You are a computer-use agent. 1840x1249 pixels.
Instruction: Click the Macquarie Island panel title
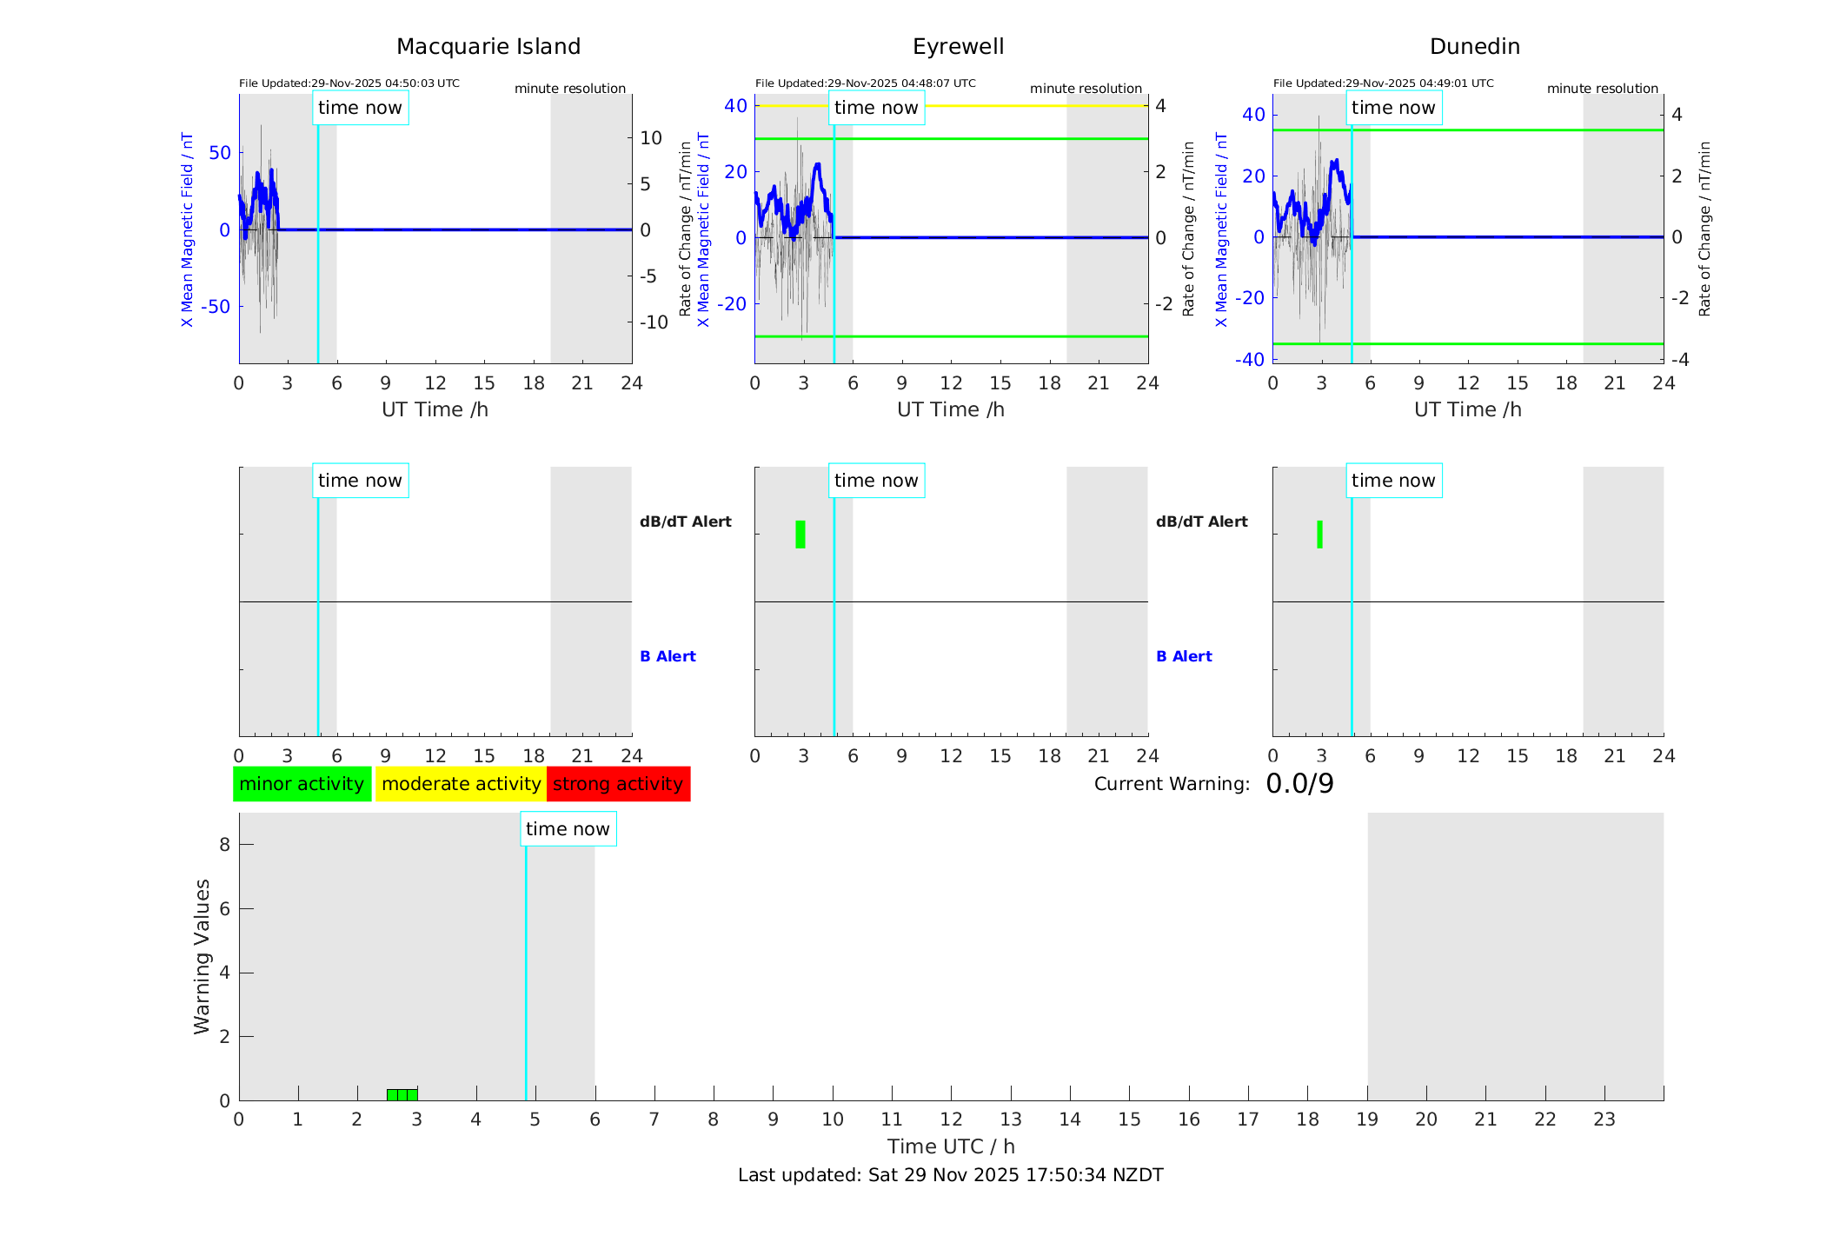pyautogui.click(x=488, y=47)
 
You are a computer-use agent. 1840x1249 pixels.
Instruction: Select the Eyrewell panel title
pyautogui.click(x=958, y=47)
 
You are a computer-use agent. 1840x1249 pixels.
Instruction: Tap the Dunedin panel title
pyautogui.click(x=1474, y=47)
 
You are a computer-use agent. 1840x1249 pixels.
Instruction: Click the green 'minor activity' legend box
pyautogui.click(x=302, y=784)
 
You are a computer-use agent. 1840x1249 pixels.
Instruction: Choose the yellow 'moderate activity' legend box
pyautogui.click(x=461, y=784)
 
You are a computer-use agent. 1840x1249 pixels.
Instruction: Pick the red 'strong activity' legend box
pyautogui.click(x=618, y=784)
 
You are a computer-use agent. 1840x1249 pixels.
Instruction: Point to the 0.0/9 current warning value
pyautogui.click(x=1299, y=784)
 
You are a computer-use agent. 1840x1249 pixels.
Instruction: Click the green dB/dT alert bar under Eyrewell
pyautogui.click(x=800, y=535)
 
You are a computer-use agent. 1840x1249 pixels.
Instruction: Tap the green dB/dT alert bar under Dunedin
pyautogui.click(x=1319, y=535)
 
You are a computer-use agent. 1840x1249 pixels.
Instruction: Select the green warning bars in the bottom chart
pyautogui.click(x=402, y=1094)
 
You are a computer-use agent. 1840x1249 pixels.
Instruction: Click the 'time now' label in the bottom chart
pyautogui.click(x=568, y=829)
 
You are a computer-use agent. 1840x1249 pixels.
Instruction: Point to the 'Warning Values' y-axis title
pyautogui.click(x=203, y=956)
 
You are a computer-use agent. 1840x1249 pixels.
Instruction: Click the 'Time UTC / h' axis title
pyautogui.click(x=951, y=1146)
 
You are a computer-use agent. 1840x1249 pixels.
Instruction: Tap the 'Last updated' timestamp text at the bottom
pyautogui.click(x=950, y=1175)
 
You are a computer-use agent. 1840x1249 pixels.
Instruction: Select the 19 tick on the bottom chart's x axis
pyautogui.click(x=1367, y=1119)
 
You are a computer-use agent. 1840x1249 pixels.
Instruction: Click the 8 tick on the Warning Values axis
pyautogui.click(x=225, y=844)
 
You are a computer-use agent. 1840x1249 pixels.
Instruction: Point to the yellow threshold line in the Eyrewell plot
pyautogui.click(x=1000, y=106)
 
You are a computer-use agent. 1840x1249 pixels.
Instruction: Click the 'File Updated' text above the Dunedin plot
pyautogui.click(x=1383, y=83)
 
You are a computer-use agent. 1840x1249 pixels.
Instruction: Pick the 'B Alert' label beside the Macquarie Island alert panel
pyautogui.click(x=668, y=656)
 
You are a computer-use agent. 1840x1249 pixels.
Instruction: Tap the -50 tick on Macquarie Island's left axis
pyautogui.click(x=216, y=307)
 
